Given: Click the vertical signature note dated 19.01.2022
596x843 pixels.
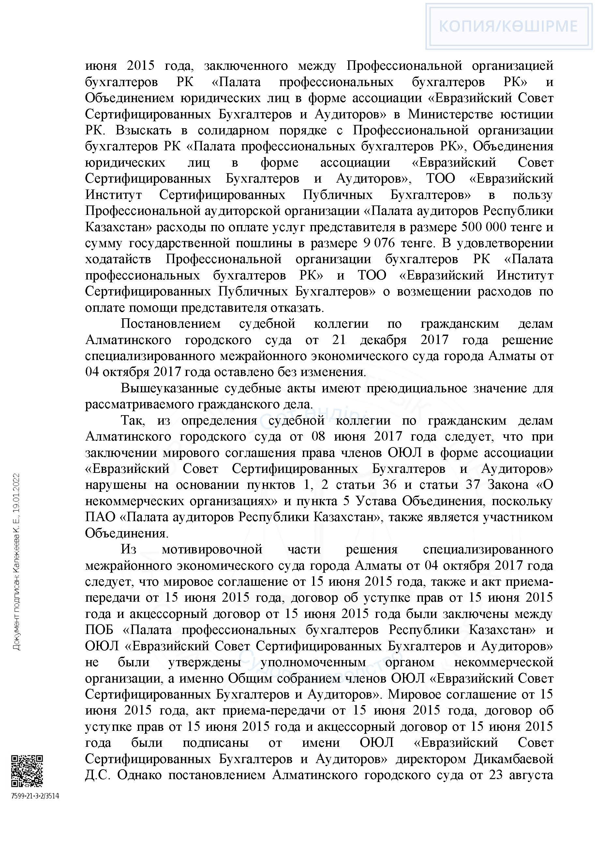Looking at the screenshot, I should [17, 562].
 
